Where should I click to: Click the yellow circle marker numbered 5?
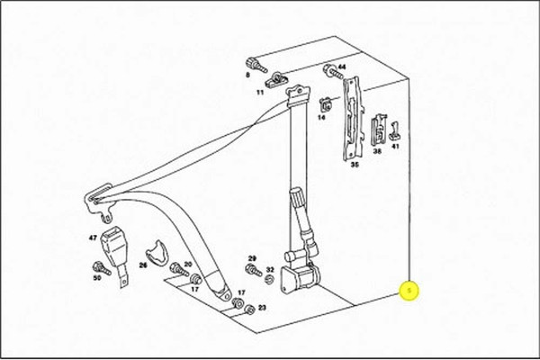tap(409, 291)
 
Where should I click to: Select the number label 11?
tap(259, 92)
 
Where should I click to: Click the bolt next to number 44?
tap(327, 68)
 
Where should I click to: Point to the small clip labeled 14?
tap(322, 103)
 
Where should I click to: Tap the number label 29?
tap(253, 257)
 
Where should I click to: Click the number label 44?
tap(341, 67)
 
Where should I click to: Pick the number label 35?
tap(354, 165)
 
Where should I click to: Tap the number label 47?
tap(92, 238)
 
